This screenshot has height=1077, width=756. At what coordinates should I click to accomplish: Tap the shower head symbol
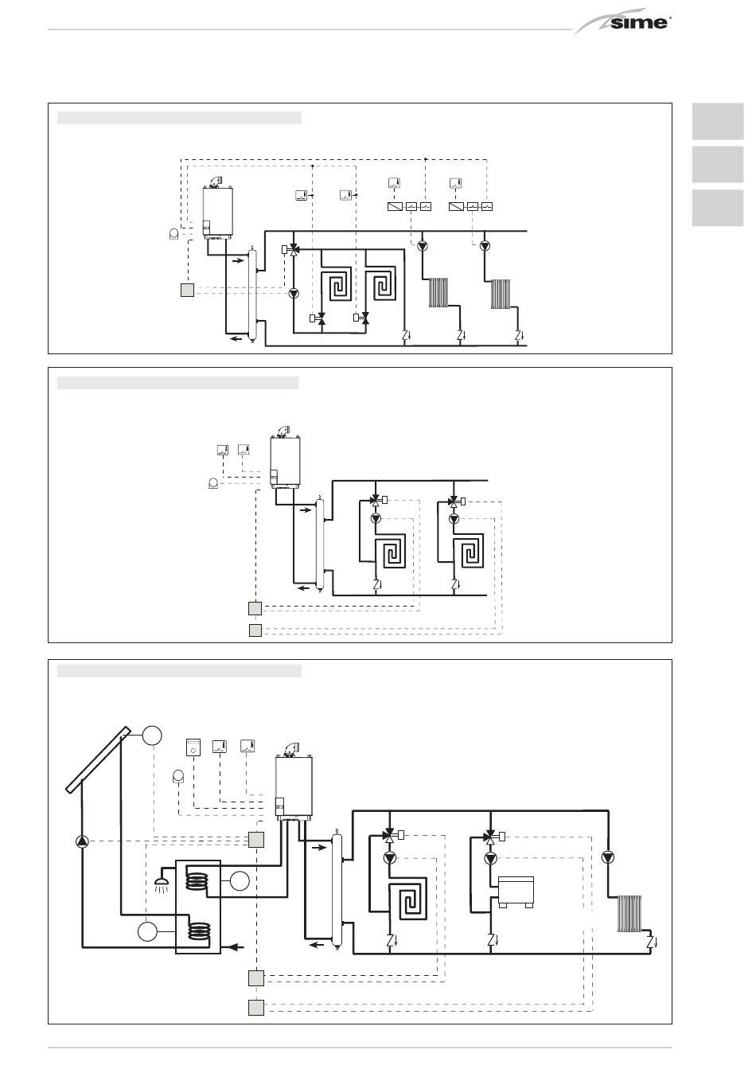point(160,884)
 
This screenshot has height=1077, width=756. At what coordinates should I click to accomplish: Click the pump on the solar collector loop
point(83,841)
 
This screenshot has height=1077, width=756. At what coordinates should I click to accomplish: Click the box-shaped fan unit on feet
point(516,892)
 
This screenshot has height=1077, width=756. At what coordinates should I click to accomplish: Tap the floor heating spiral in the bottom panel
point(407,896)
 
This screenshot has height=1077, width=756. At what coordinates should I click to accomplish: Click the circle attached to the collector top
point(152,736)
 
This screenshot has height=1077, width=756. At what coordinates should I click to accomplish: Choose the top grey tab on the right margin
point(718,121)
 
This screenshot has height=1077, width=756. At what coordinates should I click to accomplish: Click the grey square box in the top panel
point(188,291)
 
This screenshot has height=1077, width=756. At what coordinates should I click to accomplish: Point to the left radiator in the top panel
point(438,292)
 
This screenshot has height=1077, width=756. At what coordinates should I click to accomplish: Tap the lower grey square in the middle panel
point(255,630)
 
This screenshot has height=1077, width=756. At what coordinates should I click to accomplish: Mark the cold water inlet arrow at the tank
point(235,947)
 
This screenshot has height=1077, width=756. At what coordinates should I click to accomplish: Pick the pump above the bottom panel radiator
point(608,857)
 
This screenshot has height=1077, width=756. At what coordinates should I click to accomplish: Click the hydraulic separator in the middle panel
point(320,544)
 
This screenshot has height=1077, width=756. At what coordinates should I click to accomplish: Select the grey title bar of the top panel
point(179,118)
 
